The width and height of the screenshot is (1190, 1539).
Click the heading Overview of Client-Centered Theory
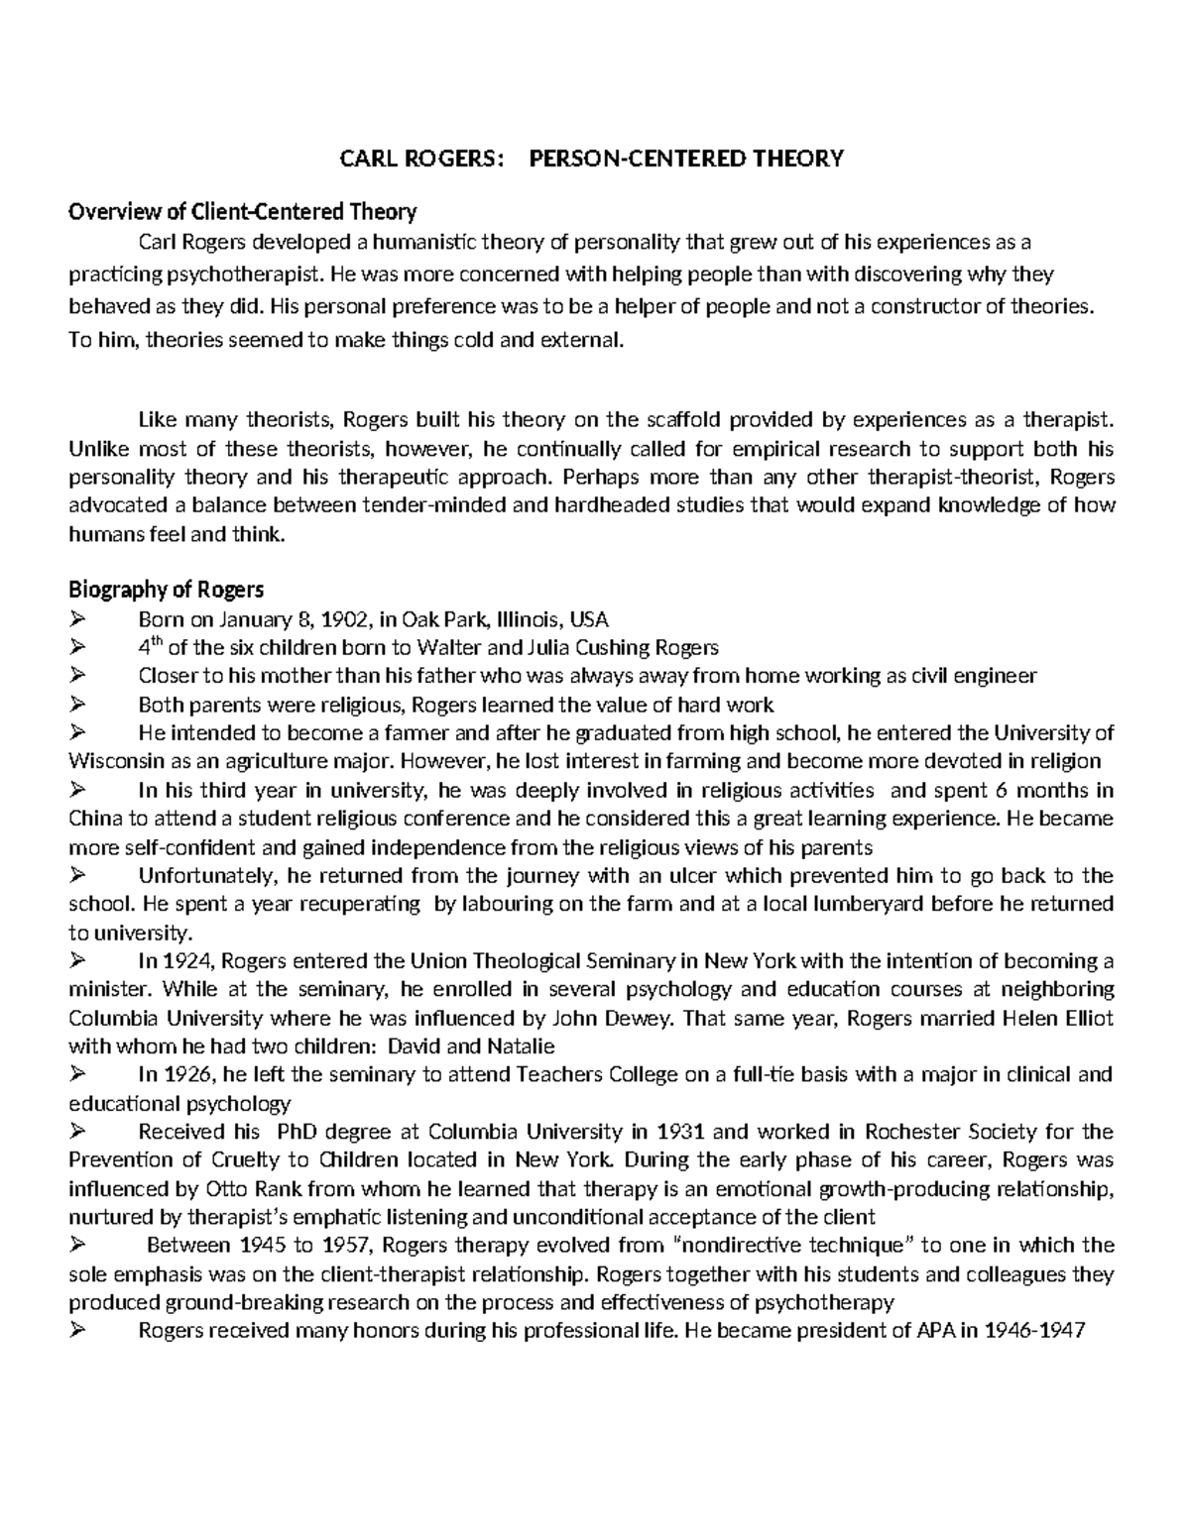click(x=242, y=211)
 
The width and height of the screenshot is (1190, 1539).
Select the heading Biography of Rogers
click(x=166, y=591)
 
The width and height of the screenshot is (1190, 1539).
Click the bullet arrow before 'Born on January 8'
click(x=78, y=620)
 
